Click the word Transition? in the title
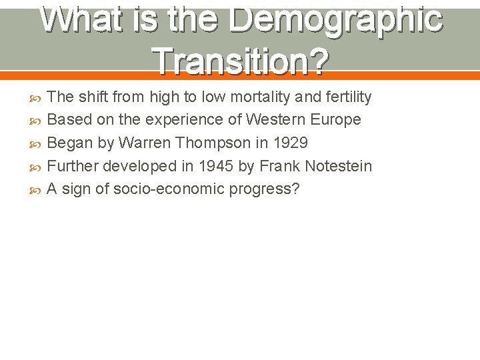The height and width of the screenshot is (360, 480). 241,61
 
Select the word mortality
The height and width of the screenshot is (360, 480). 256,97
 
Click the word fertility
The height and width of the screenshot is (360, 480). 345,97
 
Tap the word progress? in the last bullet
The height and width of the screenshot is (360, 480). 265,189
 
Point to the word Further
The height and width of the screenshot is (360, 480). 71,165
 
